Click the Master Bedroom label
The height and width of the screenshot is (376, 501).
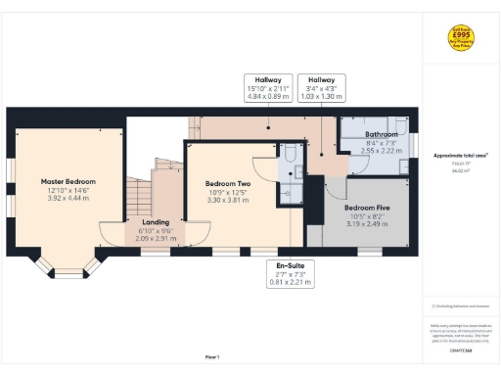[67, 181]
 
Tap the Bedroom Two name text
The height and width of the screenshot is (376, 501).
[227, 183]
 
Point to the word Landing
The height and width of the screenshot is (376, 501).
[156, 222]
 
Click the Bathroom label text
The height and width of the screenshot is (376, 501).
[381, 133]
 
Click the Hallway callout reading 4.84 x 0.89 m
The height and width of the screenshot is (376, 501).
[268, 89]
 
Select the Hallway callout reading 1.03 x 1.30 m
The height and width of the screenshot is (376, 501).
[322, 89]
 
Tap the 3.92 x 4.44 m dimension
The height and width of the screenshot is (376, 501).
[67, 198]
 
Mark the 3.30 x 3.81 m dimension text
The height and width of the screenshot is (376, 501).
[227, 200]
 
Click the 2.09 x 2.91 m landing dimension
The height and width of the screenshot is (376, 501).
[156, 238]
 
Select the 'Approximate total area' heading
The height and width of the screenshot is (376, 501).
[460, 155]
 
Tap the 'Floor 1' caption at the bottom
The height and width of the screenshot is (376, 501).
[212, 356]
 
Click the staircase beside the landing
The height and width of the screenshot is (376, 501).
[141, 191]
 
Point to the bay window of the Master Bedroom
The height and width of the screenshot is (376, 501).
[68, 265]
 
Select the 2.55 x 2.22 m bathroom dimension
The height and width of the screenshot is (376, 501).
[381, 151]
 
